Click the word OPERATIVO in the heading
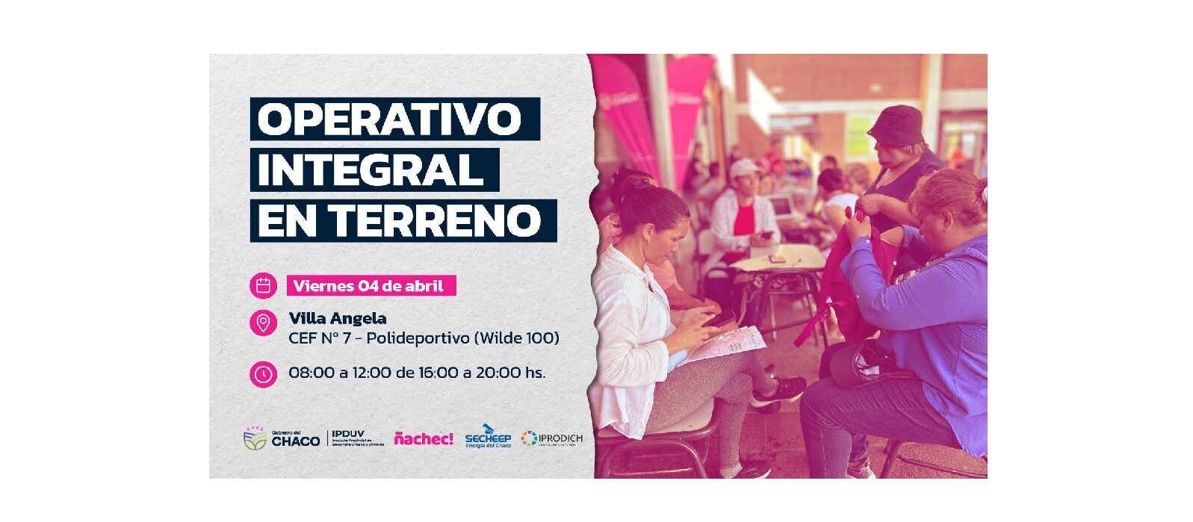point(389,119)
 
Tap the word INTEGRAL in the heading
point(371,170)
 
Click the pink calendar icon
point(263,285)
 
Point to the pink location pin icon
point(263,323)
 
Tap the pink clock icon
point(263,373)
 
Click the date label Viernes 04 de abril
point(368,286)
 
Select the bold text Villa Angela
point(338,319)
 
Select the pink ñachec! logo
point(424,439)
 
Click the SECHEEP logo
point(488,438)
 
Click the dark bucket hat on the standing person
point(896,125)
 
